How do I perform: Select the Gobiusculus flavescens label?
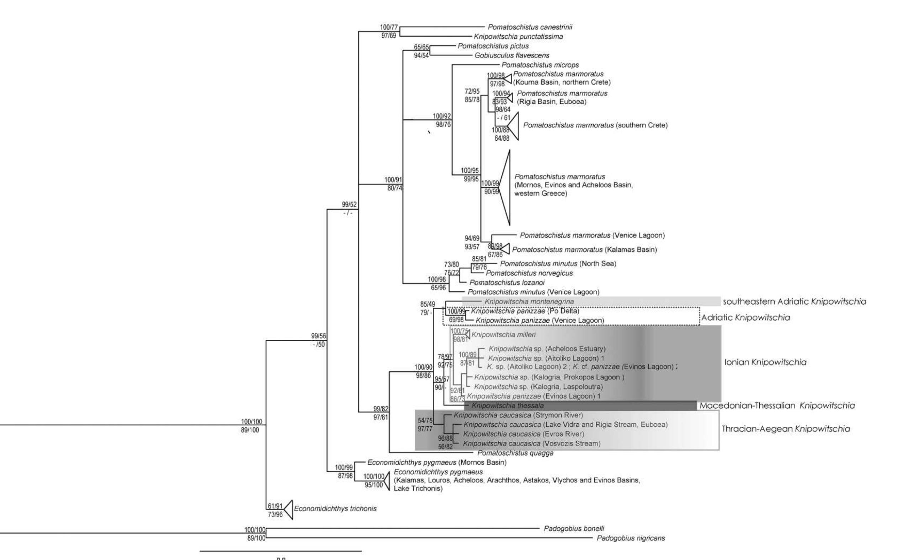click(512, 55)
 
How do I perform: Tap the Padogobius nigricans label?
click(631, 538)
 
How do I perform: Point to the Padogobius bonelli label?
click(574, 528)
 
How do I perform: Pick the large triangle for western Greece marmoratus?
click(505, 187)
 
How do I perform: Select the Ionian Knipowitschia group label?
click(765, 362)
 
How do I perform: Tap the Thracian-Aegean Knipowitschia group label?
click(786, 429)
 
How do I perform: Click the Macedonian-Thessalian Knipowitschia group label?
click(777, 405)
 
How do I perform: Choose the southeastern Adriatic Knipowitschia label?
click(795, 301)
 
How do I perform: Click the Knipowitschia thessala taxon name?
click(508, 405)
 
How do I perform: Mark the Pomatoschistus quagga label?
click(515, 453)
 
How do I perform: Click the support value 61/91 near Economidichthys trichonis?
click(275, 506)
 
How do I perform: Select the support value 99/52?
click(349, 204)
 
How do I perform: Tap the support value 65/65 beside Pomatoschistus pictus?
click(421, 47)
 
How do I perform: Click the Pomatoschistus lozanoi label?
click(507, 282)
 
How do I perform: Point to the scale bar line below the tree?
click(281, 551)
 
